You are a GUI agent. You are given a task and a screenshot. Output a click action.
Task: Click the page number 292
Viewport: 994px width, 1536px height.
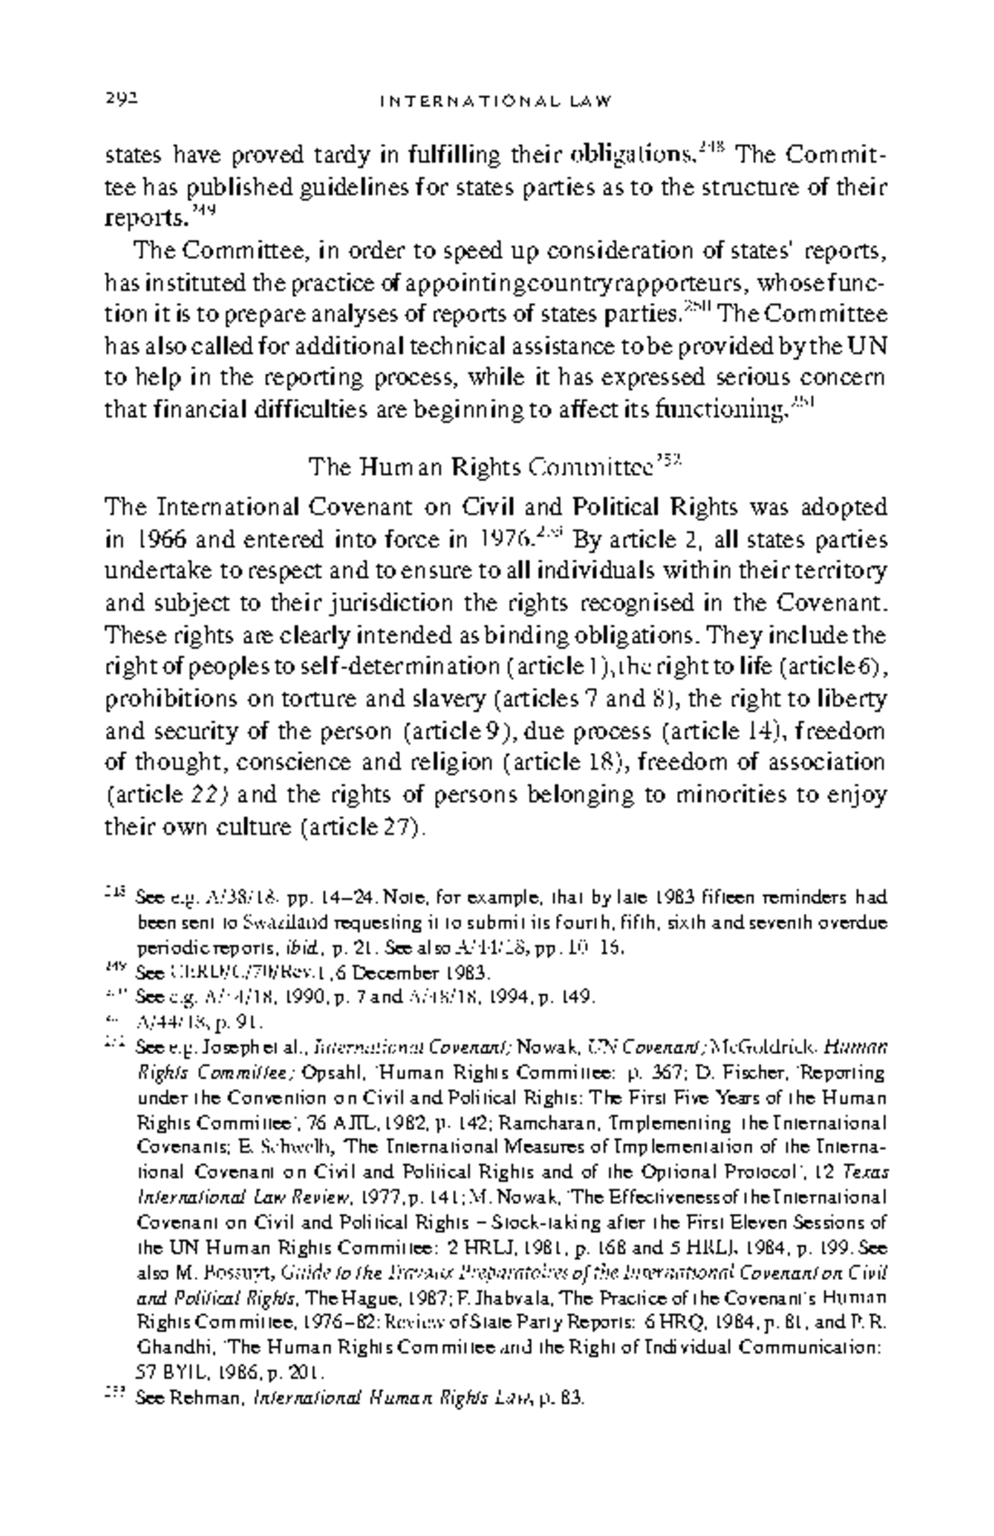pos(120,100)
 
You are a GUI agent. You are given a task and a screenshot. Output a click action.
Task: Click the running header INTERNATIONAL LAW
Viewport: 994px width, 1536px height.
pos(495,102)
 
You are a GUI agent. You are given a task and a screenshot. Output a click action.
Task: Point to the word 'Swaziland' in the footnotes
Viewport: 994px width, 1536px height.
pos(223,921)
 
